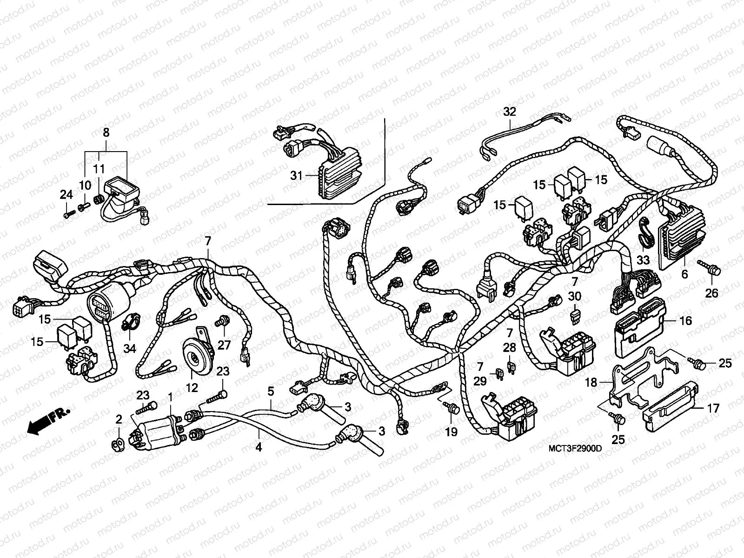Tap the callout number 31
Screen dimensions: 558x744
click(x=296, y=176)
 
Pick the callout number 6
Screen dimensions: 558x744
click(x=684, y=274)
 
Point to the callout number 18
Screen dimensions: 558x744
click(x=591, y=383)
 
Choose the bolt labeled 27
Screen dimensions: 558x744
click(x=222, y=321)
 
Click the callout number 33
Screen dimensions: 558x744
click(x=643, y=260)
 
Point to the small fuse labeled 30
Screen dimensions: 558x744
click(x=575, y=317)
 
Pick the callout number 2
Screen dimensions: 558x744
click(x=119, y=420)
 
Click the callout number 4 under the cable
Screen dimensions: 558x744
click(x=259, y=447)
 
